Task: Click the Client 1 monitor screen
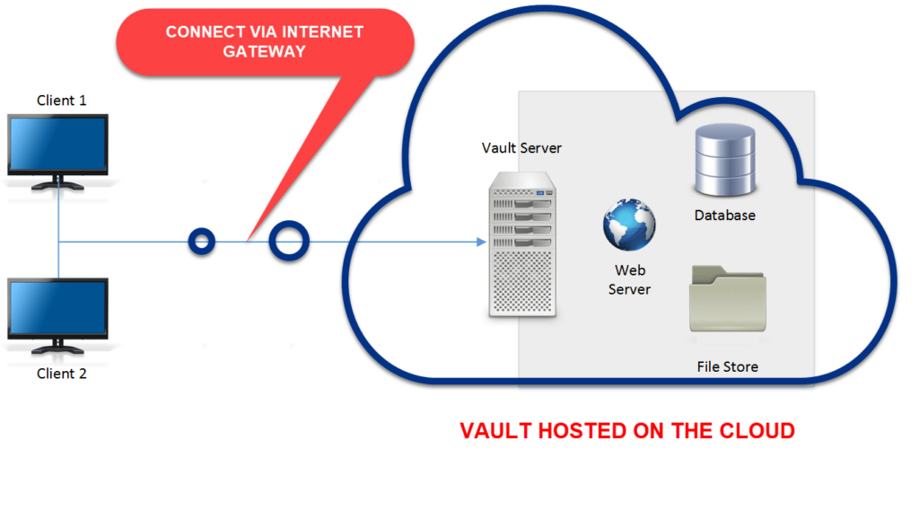tap(57, 144)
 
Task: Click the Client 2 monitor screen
tap(57, 308)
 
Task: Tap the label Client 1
tap(62, 101)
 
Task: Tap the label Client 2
tap(62, 374)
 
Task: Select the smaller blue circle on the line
tap(202, 241)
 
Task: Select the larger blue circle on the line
tap(289, 240)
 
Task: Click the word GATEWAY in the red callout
tap(265, 52)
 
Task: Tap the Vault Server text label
tap(521, 148)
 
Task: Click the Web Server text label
tap(629, 279)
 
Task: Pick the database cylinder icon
tap(724, 163)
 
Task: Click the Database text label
tap(725, 216)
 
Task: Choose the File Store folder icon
tap(728, 301)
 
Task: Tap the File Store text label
tap(728, 366)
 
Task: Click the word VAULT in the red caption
tap(495, 431)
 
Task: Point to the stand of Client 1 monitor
tap(57, 183)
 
